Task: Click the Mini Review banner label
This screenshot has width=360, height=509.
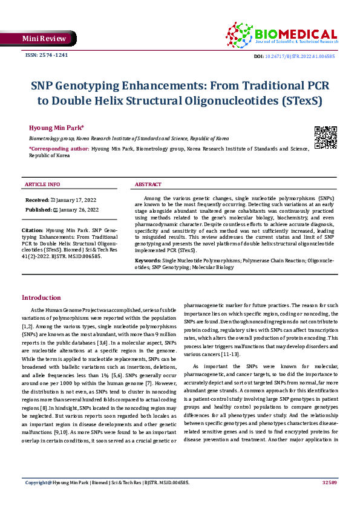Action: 44,39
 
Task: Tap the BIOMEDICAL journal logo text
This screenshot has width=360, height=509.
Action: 296,34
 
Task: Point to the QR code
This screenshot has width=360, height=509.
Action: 326,137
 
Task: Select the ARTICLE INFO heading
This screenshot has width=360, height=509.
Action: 42,184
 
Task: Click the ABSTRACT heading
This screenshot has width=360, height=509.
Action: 148,184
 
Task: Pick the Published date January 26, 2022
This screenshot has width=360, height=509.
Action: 76,209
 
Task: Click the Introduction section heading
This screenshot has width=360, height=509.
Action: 41,297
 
